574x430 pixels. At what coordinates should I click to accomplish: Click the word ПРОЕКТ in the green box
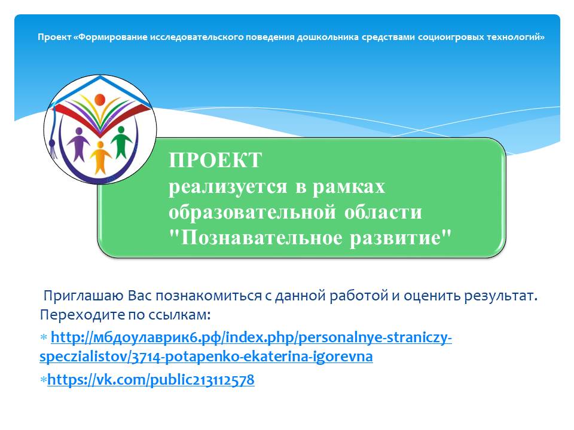click(x=215, y=160)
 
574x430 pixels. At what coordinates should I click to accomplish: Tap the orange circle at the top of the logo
click(x=100, y=99)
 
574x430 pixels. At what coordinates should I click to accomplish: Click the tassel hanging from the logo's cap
click(x=53, y=148)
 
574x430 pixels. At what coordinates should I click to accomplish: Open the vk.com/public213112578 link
click(x=151, y=380)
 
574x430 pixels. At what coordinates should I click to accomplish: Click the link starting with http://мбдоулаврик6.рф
click(x=246, y=346)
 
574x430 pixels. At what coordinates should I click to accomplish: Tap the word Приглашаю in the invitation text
click(x=84, y=296)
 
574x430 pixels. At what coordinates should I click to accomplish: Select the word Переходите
click(x=81, y=315)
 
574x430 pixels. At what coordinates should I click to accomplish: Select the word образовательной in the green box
click(x=252, y=213)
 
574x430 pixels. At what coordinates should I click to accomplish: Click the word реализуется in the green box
click(x=228, y=187)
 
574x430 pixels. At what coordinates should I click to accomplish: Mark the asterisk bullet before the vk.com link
click(x=43, y=380)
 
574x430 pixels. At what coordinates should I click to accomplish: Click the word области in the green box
click(x=383, y=213)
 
